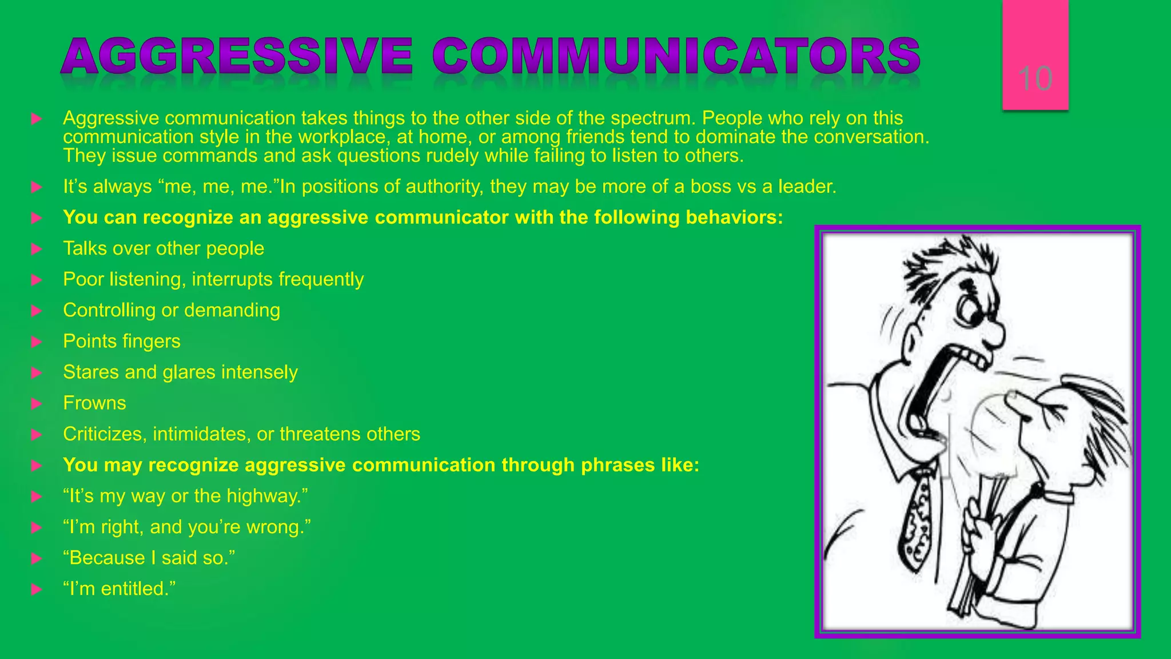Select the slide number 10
tap(1035, 78)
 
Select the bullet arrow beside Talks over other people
tap(37, 249)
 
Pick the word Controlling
tap(109, 310)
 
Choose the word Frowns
tap(94, 403)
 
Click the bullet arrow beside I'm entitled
tap(37, 589)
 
